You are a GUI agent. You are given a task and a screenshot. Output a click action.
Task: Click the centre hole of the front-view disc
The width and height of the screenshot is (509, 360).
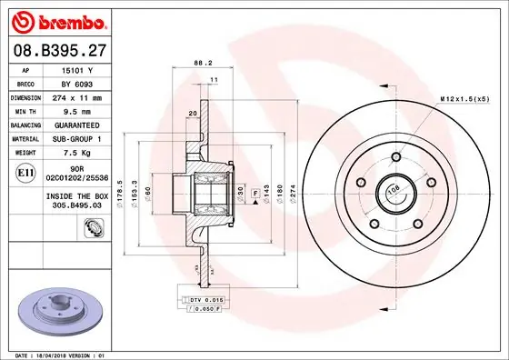tap(394, 192)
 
